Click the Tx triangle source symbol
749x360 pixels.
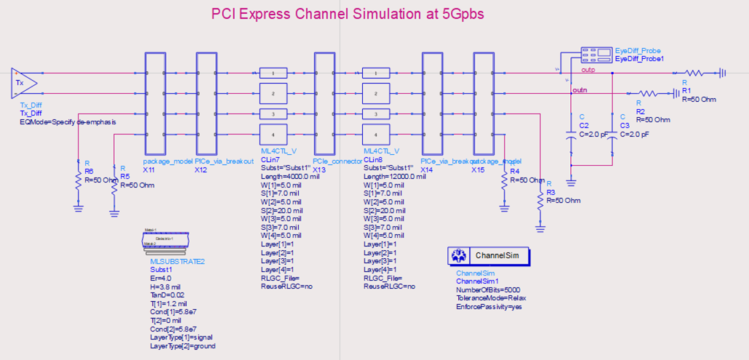click(x=23, y=82)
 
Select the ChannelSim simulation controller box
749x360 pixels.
click(x=488, y=256)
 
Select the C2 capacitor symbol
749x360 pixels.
click(x=572, y=135)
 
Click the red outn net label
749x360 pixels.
click(x=580, y=90)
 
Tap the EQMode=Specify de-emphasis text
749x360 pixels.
click(x=68, y=122)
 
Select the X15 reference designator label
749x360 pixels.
click(x=477, y=169)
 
